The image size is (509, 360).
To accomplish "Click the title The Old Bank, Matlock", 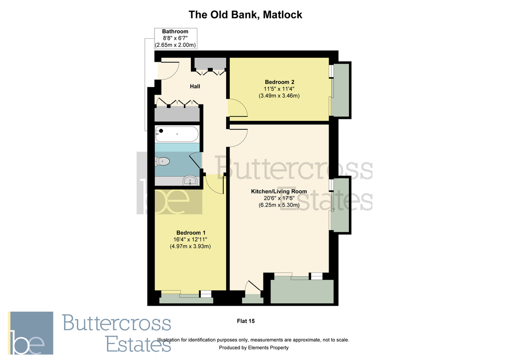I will tap(245, 15).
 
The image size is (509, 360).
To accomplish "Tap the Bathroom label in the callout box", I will tap(175, 31).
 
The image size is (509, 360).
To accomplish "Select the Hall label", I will tap(195, 87).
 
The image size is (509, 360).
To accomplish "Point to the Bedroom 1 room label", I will tap(191, 233).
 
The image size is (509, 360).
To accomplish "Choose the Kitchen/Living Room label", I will tap(279, 191).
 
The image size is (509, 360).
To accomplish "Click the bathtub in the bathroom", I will tap(177, 135).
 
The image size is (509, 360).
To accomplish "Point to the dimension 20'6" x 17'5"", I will tap(279, 198).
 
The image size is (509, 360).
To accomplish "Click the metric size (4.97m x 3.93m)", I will tap(191, 246).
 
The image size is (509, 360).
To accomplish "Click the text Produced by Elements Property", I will tap(254, 348).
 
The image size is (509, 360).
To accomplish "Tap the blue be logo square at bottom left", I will tap(31, 333).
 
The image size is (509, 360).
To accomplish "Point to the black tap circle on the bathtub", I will tap(161, 131).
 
